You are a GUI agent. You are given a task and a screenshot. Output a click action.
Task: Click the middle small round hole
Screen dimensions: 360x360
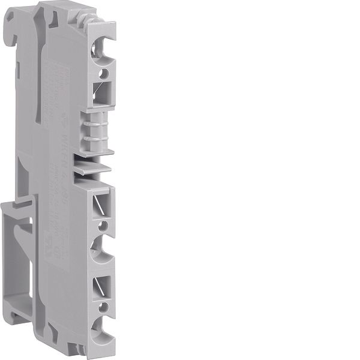point(101,227)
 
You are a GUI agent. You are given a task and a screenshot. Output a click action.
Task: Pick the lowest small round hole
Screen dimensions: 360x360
point(103,307)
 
